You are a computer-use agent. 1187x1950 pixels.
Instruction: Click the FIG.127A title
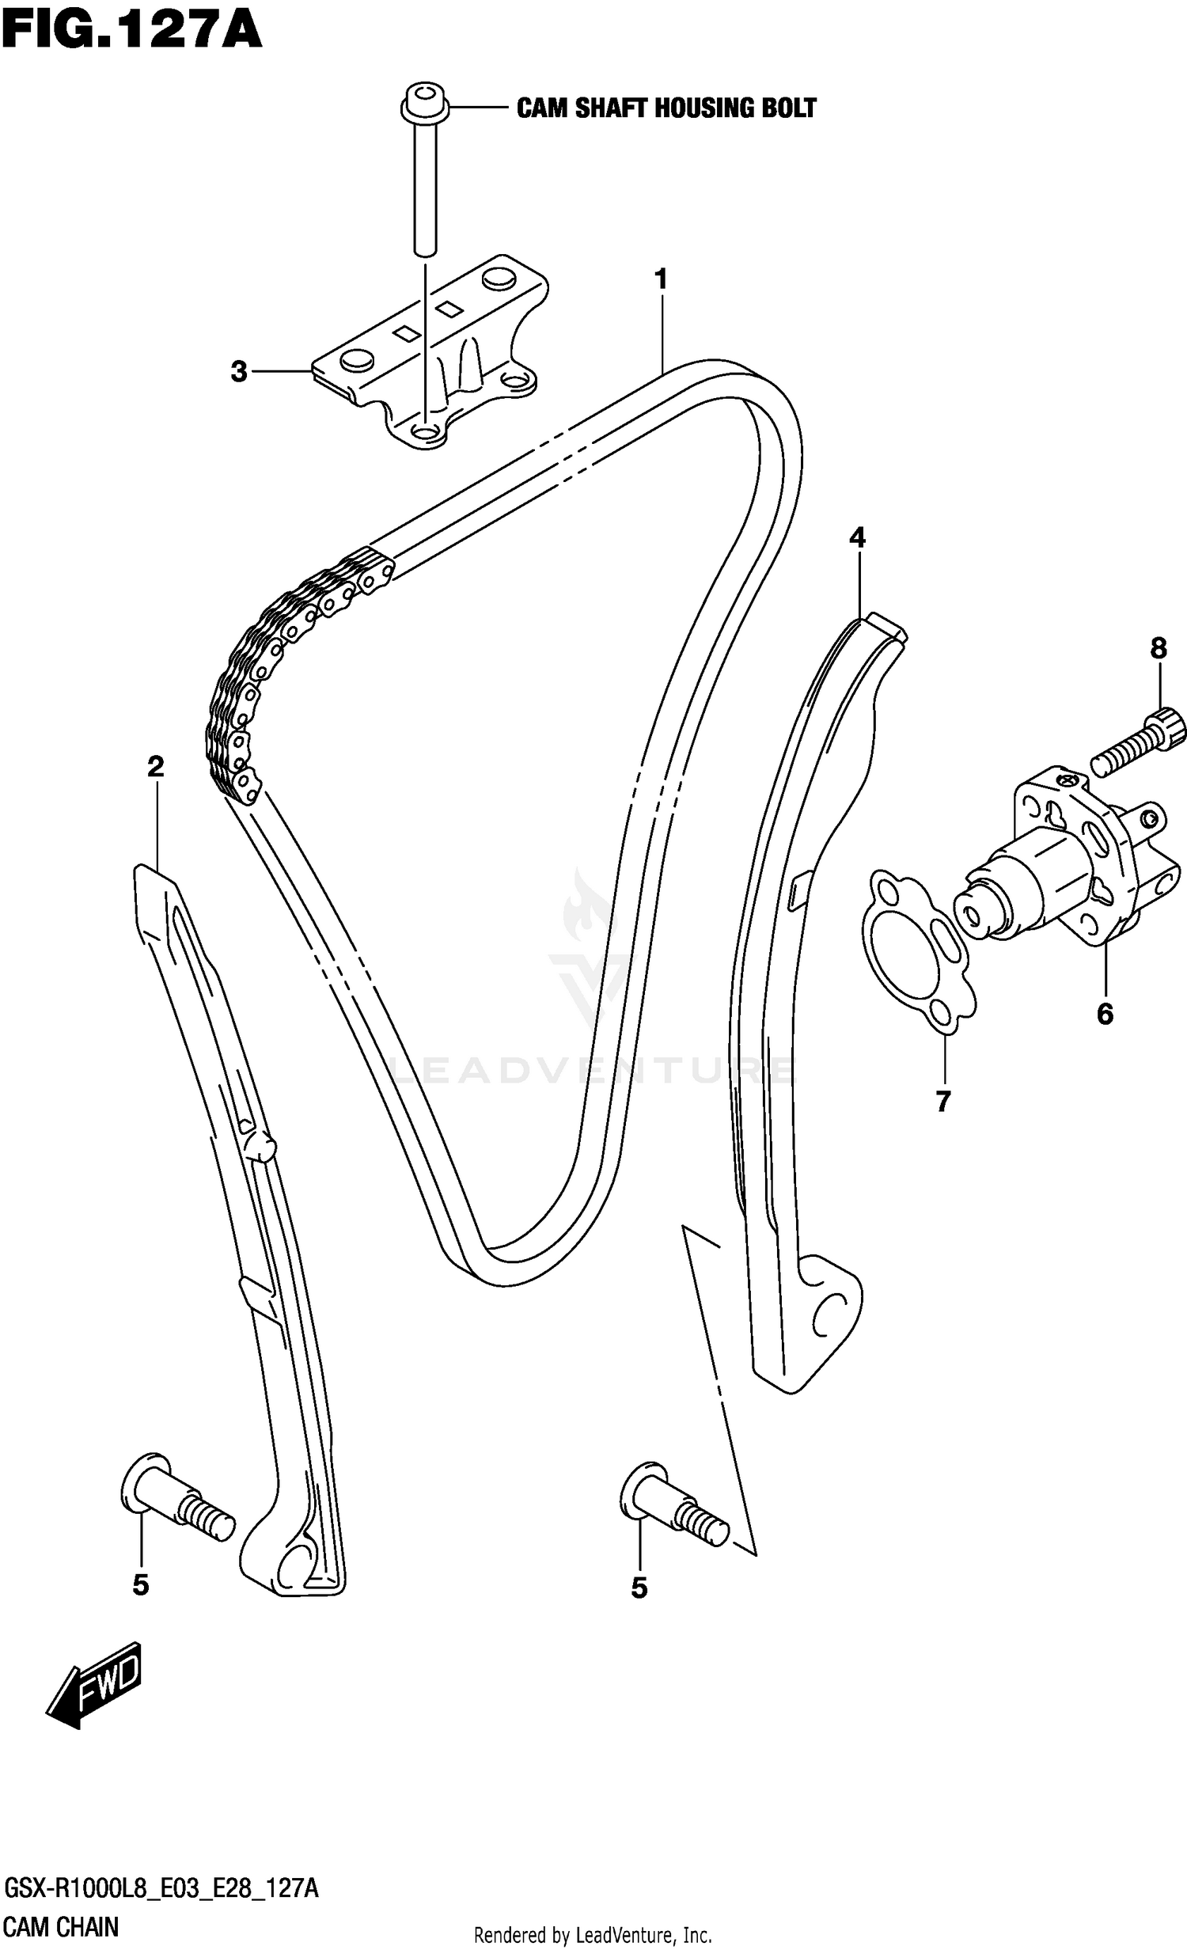point(131,32)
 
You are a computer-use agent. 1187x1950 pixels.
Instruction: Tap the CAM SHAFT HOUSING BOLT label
point(666,108)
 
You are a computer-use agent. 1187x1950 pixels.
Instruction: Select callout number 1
point(661,279)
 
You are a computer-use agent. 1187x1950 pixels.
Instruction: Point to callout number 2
point(155,766)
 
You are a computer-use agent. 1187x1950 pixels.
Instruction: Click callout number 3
point(239,371)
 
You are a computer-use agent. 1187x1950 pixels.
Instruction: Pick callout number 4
point(857,539)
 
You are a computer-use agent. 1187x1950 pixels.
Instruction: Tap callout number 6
point(1105,1014)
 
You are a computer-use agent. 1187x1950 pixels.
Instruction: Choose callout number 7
point(942,1101)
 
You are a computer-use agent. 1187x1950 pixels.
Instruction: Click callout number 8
point(1158,649)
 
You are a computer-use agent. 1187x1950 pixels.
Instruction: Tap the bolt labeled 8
point(1140,742)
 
